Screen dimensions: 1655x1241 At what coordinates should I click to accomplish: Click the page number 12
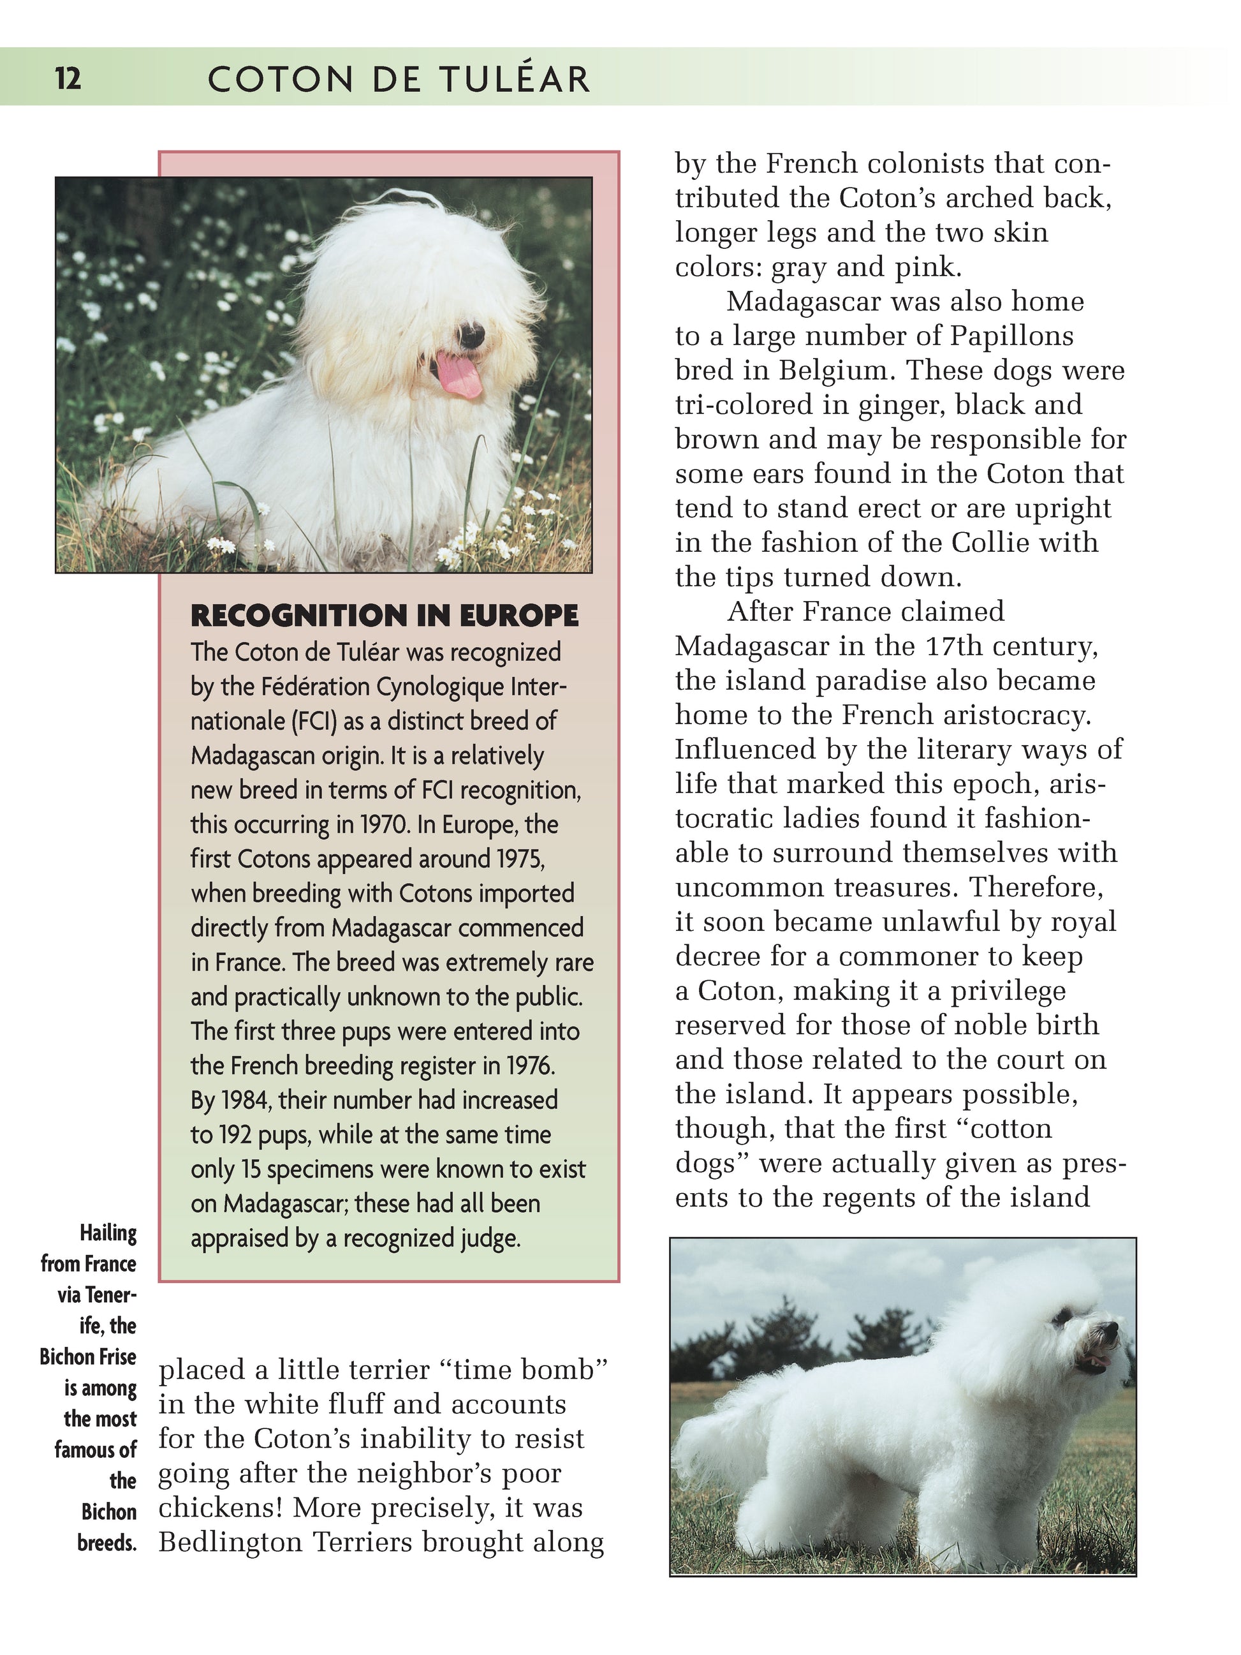(68, 77)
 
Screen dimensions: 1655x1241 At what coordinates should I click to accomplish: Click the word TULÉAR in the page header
(515, 78)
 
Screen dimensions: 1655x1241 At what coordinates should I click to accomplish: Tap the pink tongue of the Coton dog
(459, 374)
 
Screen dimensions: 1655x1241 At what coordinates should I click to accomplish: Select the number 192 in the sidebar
(234, 1135)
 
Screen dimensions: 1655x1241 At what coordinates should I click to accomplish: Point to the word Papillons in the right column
(1011, 336)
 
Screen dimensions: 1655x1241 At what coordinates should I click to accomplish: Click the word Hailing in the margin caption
(108, 1234)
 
